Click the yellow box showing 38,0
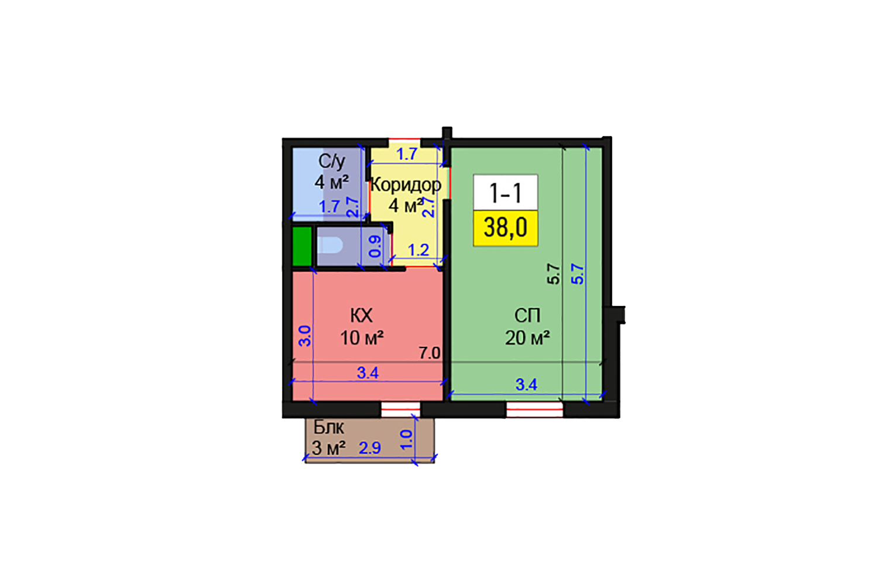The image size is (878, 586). point(505,227)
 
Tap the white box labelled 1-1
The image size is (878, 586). point(505,192)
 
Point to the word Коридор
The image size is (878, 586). point(406,185)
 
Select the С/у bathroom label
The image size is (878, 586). point(332,161)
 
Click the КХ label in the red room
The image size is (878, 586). point(361,316)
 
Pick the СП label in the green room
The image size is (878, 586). point(527,316)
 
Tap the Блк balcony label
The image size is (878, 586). point(328,427)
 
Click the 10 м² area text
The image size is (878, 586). point(362,338)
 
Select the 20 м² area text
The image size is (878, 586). point(527,338)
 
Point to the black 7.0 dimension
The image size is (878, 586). point(429,353)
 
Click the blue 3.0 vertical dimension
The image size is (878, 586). point(305,336)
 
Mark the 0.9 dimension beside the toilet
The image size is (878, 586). point(375,246)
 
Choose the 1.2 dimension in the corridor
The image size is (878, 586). point(418,250)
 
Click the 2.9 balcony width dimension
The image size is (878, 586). point(370,448)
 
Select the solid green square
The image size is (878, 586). point(302,247)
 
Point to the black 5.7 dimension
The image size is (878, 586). point(554,274)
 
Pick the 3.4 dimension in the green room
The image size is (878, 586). point(526,384)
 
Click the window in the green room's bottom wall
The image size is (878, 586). point(534,410)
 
